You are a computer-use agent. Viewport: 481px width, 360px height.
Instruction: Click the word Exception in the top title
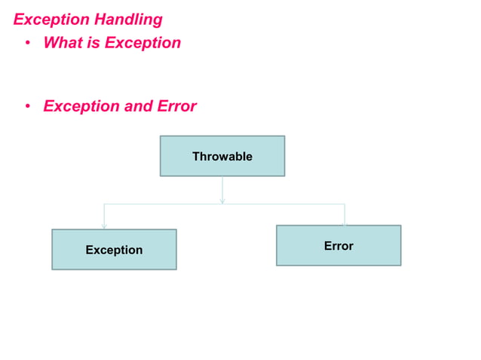coord(51,20)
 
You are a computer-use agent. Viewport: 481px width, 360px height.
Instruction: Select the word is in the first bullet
coord(93,43)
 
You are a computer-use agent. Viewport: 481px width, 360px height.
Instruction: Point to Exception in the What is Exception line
coord(142,43)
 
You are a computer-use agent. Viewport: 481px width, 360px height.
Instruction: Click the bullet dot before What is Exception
coord(26,44)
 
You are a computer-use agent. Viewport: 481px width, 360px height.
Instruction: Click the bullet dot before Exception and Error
coord(26,107)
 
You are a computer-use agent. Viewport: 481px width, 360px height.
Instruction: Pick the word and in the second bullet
coord(138,106)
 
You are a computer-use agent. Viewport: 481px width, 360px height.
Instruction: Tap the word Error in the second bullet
coord(177,106)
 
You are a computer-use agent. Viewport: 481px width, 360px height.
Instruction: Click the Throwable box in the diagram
coord(222,156)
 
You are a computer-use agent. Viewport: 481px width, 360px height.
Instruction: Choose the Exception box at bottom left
coord(114,249)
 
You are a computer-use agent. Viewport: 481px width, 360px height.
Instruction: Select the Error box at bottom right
coord(339,246)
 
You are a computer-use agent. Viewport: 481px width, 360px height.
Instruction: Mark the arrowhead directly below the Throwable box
coord(222,200)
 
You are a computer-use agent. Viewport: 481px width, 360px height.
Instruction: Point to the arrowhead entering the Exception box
coord(104,225)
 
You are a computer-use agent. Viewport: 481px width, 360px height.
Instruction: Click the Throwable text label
coord(222,157)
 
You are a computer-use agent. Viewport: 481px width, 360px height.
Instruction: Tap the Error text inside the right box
coord(339,246)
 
